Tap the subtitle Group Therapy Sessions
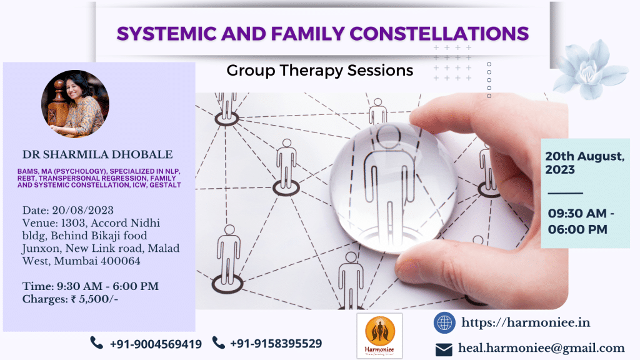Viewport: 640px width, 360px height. click(x=319, y=70)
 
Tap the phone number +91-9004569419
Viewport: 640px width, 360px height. click(x=155, y=344)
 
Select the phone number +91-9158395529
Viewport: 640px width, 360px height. click(x=276, y=344)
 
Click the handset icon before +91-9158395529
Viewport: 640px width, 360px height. click(x=218, y=342)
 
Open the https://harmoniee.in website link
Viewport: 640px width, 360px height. click(x=525, y=322)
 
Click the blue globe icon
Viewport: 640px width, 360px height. click(x=444, y=322)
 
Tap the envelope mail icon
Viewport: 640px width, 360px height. click(x=444, y=349)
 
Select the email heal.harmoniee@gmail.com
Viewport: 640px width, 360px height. click(x=541, y=348)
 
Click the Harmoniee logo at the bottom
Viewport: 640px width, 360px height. click(x=379, y=335)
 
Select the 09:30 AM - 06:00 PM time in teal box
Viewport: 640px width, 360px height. click(x=580, y=221)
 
